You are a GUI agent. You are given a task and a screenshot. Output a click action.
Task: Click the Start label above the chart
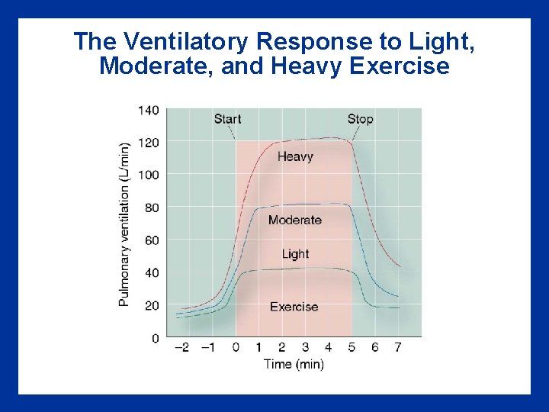point(227,118)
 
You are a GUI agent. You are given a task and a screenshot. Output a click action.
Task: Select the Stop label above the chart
point(360,118)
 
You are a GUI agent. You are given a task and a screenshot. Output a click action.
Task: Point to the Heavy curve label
point(295,156)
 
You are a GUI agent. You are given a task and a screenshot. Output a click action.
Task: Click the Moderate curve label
point(295,220)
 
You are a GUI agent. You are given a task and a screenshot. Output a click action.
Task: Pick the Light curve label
point(295,253)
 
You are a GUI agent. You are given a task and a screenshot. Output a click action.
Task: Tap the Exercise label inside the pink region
point(294,307)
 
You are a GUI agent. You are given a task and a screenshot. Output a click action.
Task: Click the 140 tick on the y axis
point(148,110)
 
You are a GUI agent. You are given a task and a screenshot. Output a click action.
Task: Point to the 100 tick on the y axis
point(148,175)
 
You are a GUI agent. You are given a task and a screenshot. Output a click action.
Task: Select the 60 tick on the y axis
point(151,240)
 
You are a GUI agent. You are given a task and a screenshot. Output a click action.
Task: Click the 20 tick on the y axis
point(151,305)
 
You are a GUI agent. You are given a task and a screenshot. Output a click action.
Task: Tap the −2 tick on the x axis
point(181,347)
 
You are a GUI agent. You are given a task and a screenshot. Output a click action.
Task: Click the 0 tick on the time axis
point(236,347)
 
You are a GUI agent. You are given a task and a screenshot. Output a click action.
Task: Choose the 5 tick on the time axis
point(352,347)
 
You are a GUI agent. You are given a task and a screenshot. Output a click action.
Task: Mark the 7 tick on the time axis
point(398,347)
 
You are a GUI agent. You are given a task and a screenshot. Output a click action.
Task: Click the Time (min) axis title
point(294,364)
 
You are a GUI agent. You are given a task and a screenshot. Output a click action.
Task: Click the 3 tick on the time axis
point(305,347)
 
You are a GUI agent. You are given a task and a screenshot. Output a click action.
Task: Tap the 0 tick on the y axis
point(155,337)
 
